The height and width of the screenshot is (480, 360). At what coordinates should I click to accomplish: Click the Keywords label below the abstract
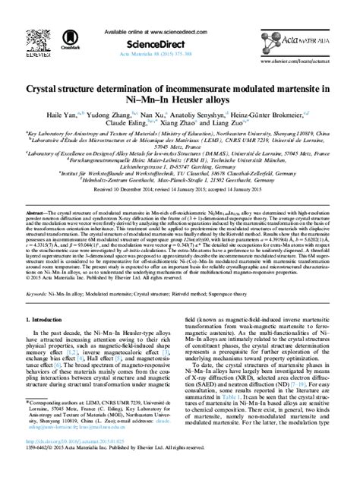(39, 292)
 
